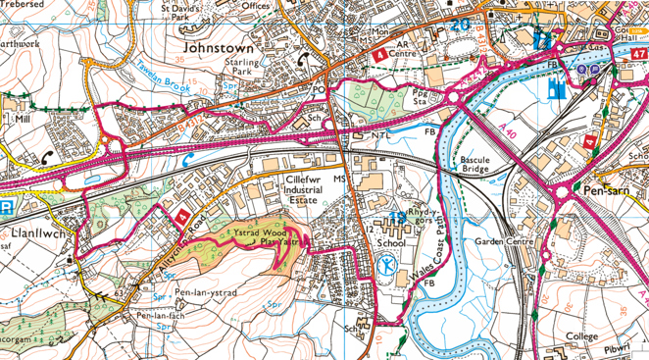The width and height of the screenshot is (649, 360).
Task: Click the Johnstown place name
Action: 219,46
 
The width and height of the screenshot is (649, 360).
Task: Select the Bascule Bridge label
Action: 474,164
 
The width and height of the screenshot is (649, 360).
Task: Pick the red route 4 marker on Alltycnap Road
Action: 180,216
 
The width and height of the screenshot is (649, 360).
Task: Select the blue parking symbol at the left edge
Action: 6,208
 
